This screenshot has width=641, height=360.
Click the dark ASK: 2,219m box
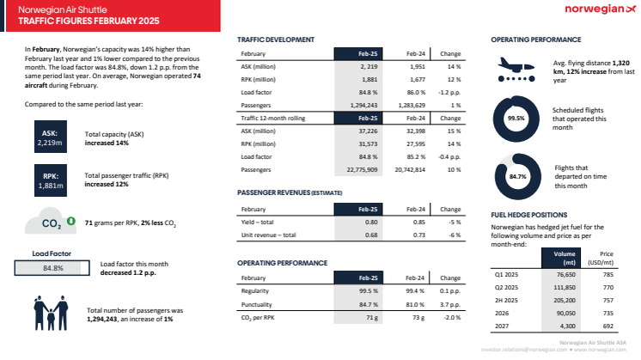click(49, 140)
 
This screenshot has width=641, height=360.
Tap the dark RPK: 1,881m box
click(49, 180)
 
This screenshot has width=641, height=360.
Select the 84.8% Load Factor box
click(52, 267)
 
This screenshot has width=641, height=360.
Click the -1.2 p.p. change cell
click(449, 90)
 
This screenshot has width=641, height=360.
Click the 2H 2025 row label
click(509, 301)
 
